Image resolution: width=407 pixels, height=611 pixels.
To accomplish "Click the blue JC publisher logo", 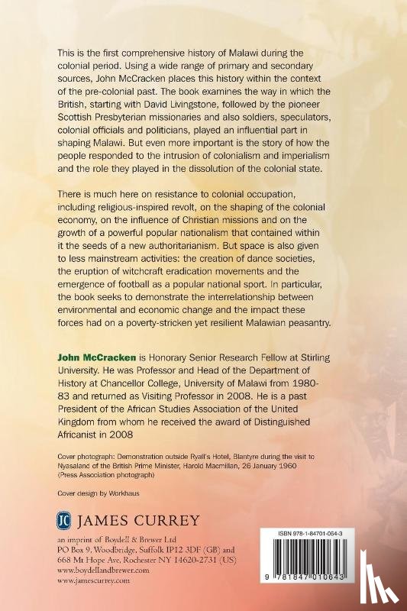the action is coord(66,522).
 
